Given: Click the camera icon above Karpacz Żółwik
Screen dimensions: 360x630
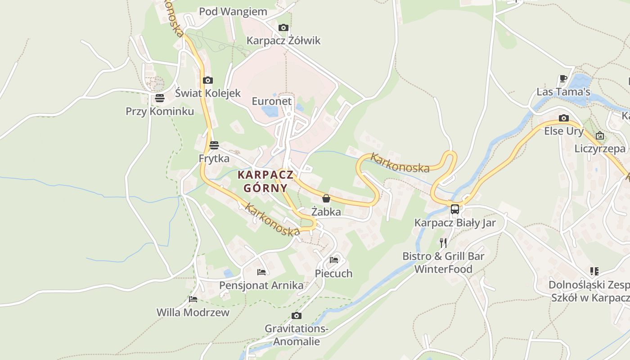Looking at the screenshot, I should [283, 28].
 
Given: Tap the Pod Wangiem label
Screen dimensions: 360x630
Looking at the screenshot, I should [233, 12].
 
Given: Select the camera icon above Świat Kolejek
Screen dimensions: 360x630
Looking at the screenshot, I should [207, 81].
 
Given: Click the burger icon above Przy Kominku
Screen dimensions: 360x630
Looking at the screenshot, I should [160, 98].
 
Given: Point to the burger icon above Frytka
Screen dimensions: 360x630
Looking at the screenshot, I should [214, 145].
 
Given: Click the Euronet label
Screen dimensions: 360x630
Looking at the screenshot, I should [272, 101].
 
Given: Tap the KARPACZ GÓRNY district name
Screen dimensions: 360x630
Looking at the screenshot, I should [265, 181].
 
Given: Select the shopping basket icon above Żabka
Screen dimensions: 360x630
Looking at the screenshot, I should [326, 198].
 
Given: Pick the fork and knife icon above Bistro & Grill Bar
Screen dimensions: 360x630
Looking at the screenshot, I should [443, 243].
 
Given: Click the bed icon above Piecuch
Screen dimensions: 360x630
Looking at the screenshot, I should [334, 260].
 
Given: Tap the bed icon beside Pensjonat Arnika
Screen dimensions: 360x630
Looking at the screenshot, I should [261, 272].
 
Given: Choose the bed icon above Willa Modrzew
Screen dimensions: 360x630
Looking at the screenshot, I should [193, 299].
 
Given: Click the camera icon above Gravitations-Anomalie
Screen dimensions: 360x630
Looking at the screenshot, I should [296, 315].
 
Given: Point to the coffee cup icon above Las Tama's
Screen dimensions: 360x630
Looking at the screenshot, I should [563, 79].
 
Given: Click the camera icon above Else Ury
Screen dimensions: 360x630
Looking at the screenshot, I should [563, 118].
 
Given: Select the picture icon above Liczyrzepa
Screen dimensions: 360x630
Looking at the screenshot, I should [600, 135].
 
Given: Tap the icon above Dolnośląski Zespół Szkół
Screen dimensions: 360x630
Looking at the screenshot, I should [594, 271].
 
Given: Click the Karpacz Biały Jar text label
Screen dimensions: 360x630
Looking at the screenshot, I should [455, 223].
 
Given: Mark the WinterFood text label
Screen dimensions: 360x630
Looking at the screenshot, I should [443, 269].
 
